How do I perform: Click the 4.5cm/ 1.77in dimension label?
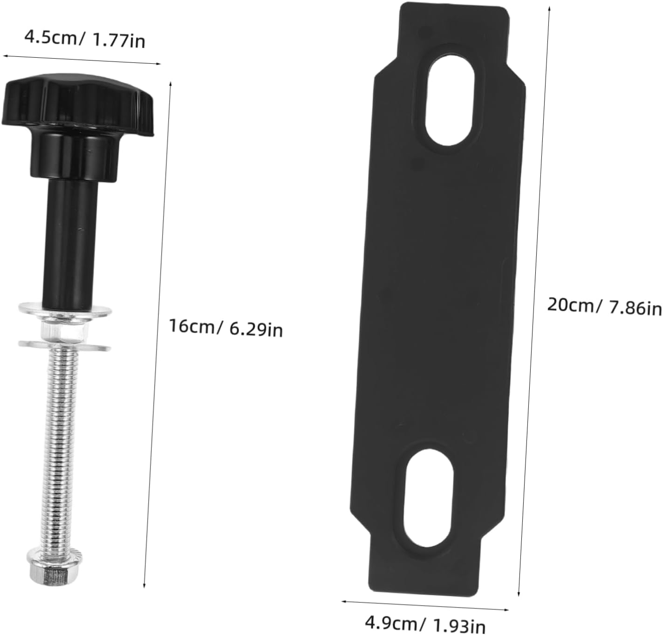[84, 39]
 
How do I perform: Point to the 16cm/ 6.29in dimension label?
[226, 328]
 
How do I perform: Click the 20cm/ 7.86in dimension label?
[604, 307]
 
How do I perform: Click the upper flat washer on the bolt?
[65, 309]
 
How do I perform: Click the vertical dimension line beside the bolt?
[158, 326]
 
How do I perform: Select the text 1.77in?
[119, 41]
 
